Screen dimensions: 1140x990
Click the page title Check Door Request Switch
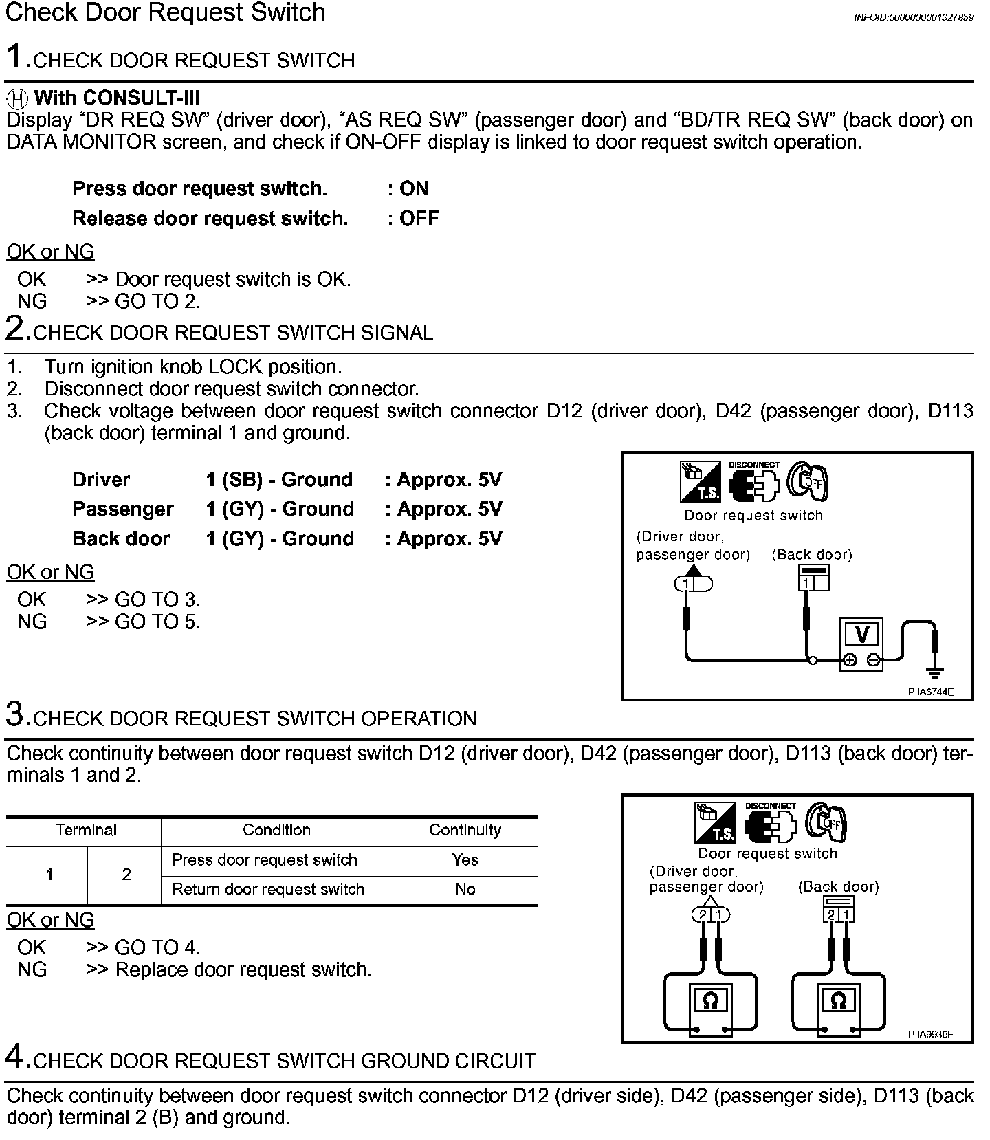pos(165,13)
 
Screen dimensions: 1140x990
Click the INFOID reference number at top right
pos(913,17)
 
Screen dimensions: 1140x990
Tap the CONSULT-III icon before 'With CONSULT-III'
pos(19,98)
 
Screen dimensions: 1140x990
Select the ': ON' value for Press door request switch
pos(408,188)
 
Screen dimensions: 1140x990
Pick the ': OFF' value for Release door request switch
pos(413,218)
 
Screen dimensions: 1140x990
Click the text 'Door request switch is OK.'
pos(233,279)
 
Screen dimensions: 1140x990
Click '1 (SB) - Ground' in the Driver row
pos(279,479)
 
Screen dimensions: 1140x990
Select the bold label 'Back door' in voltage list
pos(121,538)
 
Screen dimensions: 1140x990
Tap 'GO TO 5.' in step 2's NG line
pos(157,622)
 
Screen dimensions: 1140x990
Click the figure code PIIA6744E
pos(930,692)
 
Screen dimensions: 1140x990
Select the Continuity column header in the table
pos(465,830)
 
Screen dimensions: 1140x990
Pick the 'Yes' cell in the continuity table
pos(465,859)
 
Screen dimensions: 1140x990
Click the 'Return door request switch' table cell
pos(268,889)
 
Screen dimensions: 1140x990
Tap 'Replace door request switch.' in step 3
pos(243,969)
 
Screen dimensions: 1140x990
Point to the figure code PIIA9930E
pos(930,1034)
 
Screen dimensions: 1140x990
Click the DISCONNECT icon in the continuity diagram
pos(770,823)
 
